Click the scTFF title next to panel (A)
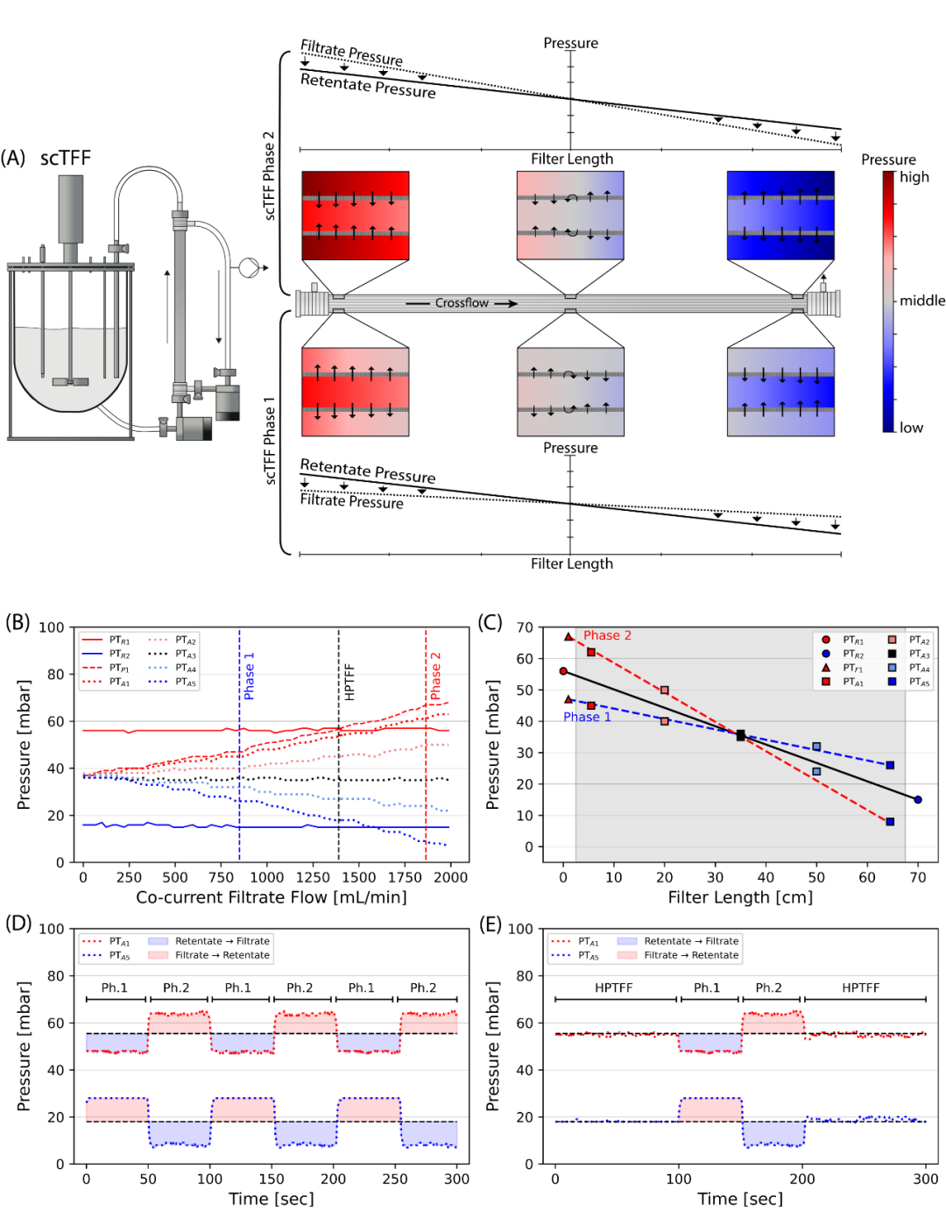pos(65,159)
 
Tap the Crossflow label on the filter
pos(462,303)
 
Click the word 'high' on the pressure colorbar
pos(914,177)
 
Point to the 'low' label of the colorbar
pos(911,428)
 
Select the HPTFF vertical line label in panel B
pos(349,681)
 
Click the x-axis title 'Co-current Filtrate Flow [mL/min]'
pos(272,897)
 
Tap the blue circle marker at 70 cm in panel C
pos(918,799)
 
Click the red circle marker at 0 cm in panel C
pos(563,671)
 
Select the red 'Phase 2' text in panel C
pos(607,635)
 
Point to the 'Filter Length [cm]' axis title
pos(740,897)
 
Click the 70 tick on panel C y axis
pos(524,627)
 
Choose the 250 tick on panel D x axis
pos(395,1179)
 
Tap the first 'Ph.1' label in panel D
pos(114,988)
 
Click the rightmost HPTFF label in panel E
pos(860,988)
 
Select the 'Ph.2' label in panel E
pos(768,988)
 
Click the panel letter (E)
pos(491,924)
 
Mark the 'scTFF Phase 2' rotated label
pos(269,175)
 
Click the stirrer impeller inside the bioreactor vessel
pos(70,381)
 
